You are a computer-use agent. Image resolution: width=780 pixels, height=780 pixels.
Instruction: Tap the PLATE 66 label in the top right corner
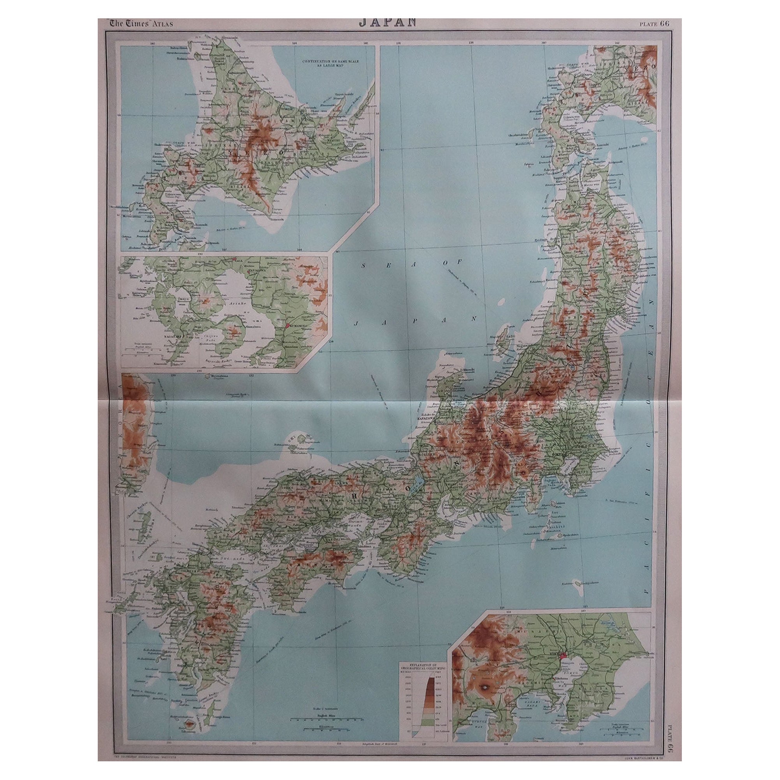[655, 23]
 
